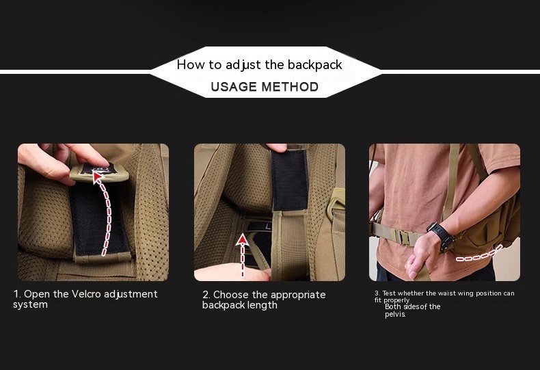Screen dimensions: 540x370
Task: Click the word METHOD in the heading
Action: (290, 87)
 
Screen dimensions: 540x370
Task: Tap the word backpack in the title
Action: (314, 65)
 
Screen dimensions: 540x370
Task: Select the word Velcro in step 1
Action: (85, 294)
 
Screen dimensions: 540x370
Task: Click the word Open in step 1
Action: (37, 295)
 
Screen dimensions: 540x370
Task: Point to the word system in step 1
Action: (30, 304)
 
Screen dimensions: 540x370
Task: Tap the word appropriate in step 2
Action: (298, 295)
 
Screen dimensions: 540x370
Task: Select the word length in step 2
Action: (263, 305)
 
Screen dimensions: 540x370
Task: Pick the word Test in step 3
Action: (389, 293)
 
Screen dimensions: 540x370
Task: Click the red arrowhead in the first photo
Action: (98, 176)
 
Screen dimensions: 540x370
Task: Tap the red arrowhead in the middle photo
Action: (243, 239)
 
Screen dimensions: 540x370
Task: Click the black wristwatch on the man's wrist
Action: (441, 236)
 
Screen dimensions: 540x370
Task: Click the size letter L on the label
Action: (268, 227)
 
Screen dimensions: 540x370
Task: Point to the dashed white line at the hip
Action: (479, 254)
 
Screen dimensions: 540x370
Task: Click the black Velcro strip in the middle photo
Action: (290, 180)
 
